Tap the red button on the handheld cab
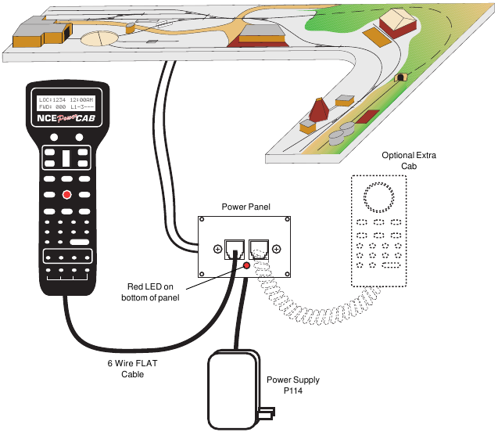tap(68, 195)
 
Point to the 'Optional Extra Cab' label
tap(409, 161)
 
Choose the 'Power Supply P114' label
tap(292, 385)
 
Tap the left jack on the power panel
tap(233, 249)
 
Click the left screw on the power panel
tap(217, 250)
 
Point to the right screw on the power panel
tap(277, 250)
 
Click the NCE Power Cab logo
tap(67, 120)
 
